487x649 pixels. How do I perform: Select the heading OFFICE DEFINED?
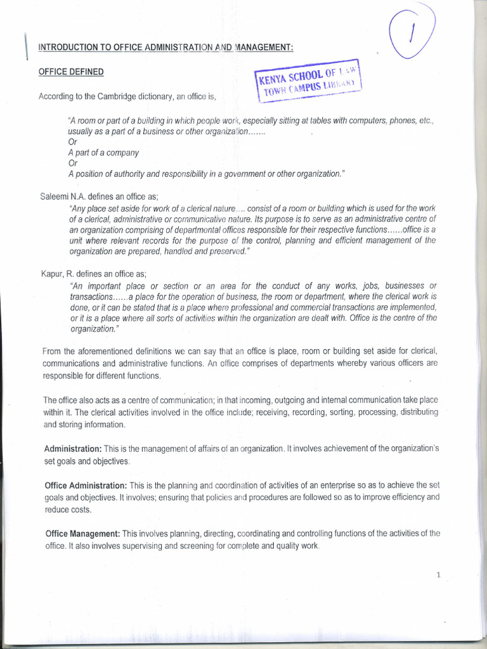(x=71, y=72)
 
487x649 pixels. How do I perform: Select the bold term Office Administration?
(x=86, y=485)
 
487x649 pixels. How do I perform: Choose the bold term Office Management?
(x=82, y=534)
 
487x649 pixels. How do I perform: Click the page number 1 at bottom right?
(x=438, y=575)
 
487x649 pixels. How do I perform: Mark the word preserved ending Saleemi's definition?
(x=226, y=251)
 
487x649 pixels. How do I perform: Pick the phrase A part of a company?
(x=103, y=153)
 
